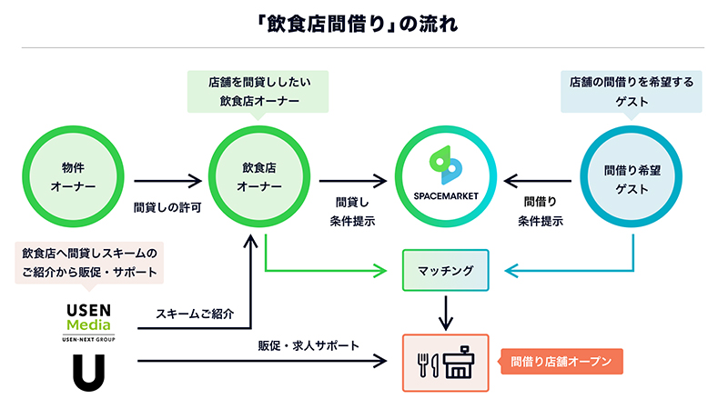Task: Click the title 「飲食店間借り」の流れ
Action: click(363, 22)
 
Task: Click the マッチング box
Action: click(446, 271)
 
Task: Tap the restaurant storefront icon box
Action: click(446, 363)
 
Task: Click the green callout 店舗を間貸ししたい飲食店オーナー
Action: click(258, 92)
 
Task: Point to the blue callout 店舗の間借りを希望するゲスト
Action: click(631, 92)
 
